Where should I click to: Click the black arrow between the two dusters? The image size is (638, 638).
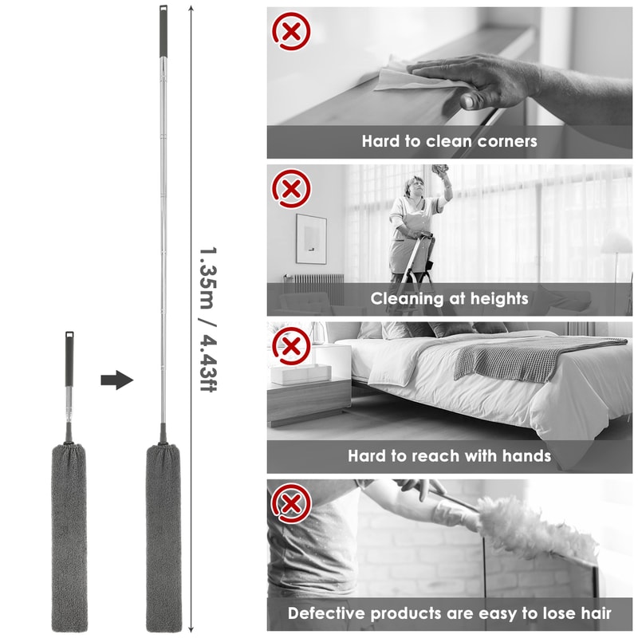click(116, 380)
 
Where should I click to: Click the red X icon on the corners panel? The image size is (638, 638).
click(290, 32)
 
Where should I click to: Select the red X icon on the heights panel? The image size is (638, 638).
click(290, 189)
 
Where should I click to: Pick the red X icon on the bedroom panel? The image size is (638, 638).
click(290, 347)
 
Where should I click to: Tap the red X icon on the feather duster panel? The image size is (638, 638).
click(290, 504)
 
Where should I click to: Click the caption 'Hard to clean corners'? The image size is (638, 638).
click(449, 141)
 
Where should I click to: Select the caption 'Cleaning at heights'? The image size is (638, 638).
click(449, 299)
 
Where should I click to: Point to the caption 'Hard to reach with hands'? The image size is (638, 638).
click(449, 456)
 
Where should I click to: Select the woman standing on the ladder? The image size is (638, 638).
click(415, 227)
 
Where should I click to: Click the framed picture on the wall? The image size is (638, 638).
click(311, 238)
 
